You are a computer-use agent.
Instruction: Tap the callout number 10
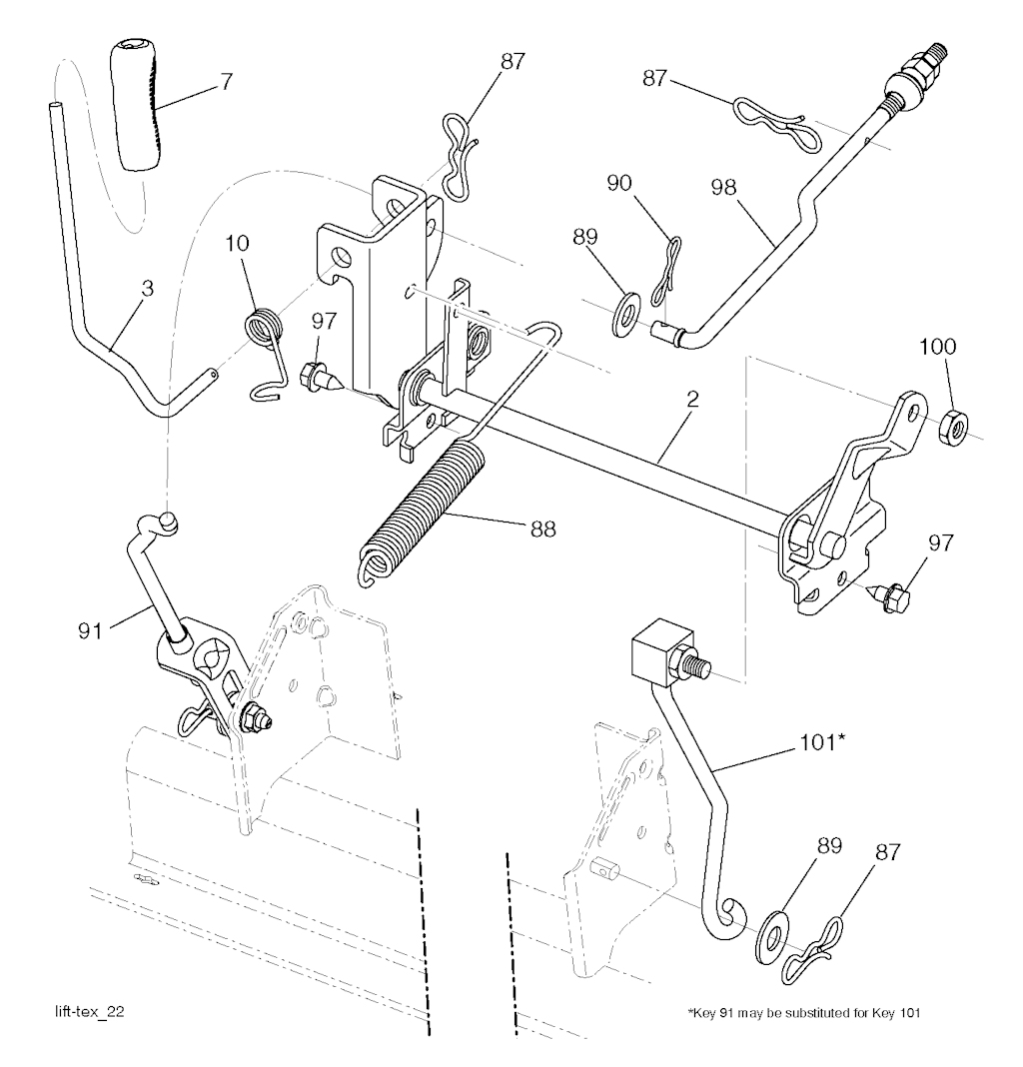(238, 243)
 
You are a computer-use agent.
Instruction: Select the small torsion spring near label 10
(266, 352)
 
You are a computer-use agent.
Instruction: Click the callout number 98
(724, 187)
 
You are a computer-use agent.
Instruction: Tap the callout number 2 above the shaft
(693, 399)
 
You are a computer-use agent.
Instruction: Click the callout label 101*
(822, 741)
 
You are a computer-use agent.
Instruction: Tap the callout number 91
(90, 631)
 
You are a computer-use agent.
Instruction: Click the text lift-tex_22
(89, 1011)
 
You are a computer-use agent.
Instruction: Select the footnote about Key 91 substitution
(804, 1013)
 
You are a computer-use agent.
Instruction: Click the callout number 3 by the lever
(147, 288)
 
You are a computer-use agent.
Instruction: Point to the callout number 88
(543, 529)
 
